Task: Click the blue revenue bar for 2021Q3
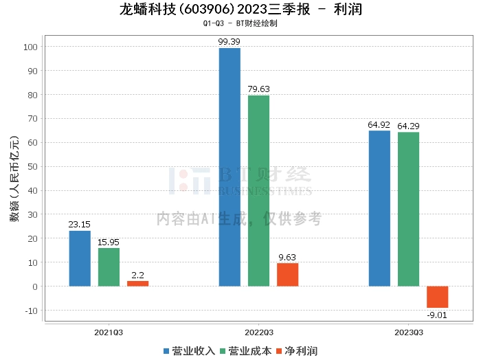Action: (80, 258)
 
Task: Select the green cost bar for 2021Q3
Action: (109, 267)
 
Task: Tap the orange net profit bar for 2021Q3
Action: (137, 283)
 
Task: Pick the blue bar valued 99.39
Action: (230, 167)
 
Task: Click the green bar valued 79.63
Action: (258, 190)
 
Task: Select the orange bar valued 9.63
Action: (287, 275)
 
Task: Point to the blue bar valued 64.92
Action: (379, 208)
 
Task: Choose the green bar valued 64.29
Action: (408, 209)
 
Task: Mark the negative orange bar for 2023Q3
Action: (437, 297)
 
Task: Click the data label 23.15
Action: (80, 225)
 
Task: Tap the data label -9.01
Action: (437, 315)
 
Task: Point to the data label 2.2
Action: (137, 275)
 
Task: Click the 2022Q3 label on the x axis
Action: (258, 332)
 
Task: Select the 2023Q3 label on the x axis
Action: (408, 332)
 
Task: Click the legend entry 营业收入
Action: (190, 351)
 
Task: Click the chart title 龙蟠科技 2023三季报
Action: (240, 10)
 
